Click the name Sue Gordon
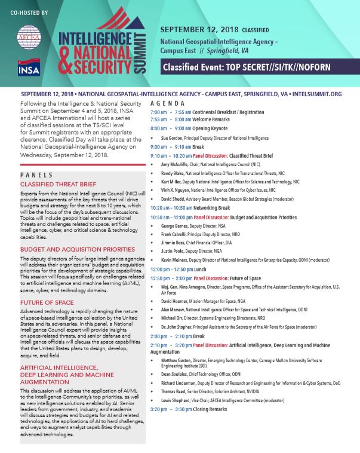170,137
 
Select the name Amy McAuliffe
174,163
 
